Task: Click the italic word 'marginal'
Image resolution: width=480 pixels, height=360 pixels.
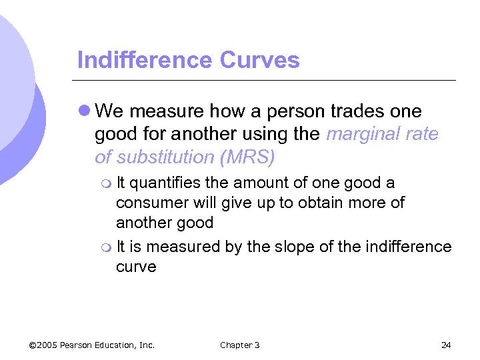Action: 363,134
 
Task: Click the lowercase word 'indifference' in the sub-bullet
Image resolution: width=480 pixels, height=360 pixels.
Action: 409,247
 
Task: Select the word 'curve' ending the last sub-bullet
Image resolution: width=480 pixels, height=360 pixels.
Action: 136,267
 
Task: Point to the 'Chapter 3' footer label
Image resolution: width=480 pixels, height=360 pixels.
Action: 239,345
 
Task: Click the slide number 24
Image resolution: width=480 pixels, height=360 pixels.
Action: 446,345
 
